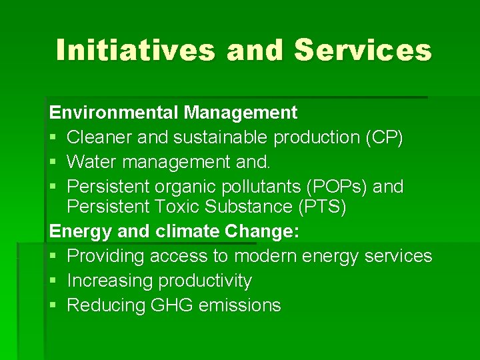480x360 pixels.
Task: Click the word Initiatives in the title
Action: (x=135, y=51)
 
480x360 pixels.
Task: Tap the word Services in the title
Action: (x=363, y=51)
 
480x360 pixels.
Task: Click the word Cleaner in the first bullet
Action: (x=99, y=137)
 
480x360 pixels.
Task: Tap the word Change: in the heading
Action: (x=263, y=231)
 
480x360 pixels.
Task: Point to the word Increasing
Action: (x=111, y=281)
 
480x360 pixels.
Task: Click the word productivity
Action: (x=205, y=281)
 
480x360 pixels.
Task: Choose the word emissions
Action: (x=243, y=305)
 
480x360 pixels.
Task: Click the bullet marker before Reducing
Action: (x=55, y=306)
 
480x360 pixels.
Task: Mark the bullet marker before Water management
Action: (x=55, y=163)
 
